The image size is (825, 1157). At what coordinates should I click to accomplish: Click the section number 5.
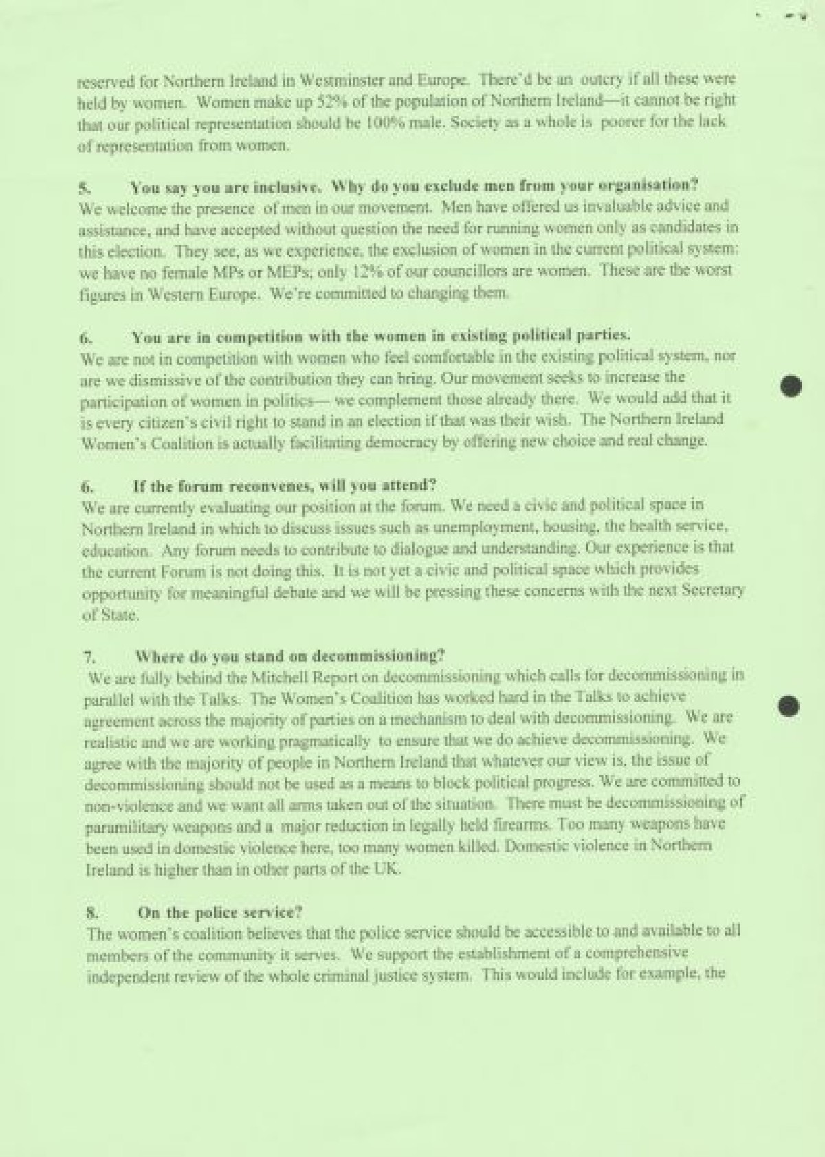tap(85, 187)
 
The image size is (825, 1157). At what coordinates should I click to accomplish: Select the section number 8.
tap(92, 913)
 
